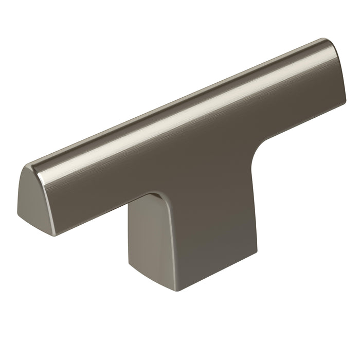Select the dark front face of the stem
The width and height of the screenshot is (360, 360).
click(206, 231)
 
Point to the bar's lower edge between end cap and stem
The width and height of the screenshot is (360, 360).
click(103, 216)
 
